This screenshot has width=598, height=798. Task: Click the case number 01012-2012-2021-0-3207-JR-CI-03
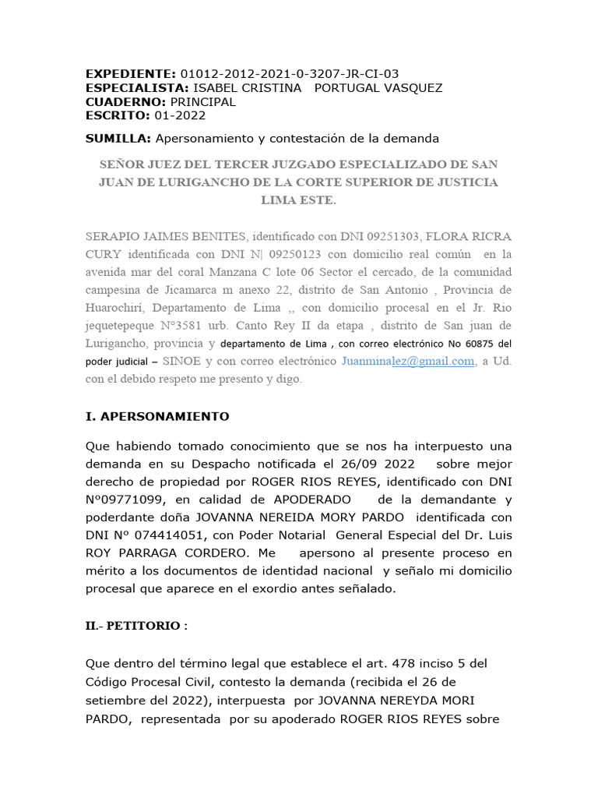289,74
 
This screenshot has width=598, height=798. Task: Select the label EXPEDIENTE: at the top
130,74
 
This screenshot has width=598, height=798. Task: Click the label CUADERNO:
125,102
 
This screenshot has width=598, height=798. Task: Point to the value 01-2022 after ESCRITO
180,116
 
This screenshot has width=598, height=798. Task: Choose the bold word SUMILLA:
118,138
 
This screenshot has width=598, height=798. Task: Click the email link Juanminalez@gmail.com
408,362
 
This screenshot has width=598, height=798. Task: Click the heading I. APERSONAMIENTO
157,417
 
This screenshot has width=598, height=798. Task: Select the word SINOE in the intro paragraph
182,362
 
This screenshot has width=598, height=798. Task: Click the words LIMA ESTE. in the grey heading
299,200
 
